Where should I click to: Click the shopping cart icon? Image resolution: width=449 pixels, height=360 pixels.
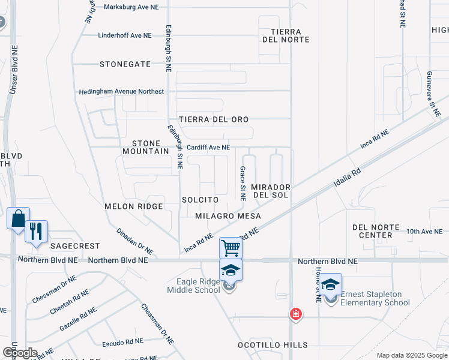click(x=231, y=247)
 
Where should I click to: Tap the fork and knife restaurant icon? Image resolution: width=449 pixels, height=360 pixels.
click(x=36, y=230)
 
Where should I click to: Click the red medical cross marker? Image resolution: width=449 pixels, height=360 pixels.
click(x=295, y=313)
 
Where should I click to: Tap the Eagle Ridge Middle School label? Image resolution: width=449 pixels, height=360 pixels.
click(x=193, y=286)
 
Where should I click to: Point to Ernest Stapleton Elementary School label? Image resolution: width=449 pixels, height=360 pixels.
click(x=375, y=298)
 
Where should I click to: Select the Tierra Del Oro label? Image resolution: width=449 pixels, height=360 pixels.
click(x=213, y=119)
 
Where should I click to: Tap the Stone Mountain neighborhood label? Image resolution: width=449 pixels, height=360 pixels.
click(x=151, y=148)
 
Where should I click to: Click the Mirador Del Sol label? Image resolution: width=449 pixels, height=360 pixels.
click(x=270, y=191)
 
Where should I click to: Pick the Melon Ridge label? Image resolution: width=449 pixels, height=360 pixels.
click(x=134, y=206)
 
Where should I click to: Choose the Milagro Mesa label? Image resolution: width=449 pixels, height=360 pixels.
click(x=228, y=215)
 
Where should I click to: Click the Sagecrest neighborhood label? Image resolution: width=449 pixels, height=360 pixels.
click(x=75, y=246)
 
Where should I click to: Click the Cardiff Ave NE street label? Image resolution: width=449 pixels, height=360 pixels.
click(x=208, y=147)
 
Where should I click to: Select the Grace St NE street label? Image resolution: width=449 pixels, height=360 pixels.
click(x=243, y=184)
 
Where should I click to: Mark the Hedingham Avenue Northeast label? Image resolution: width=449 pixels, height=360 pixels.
click(x=121, y=92)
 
